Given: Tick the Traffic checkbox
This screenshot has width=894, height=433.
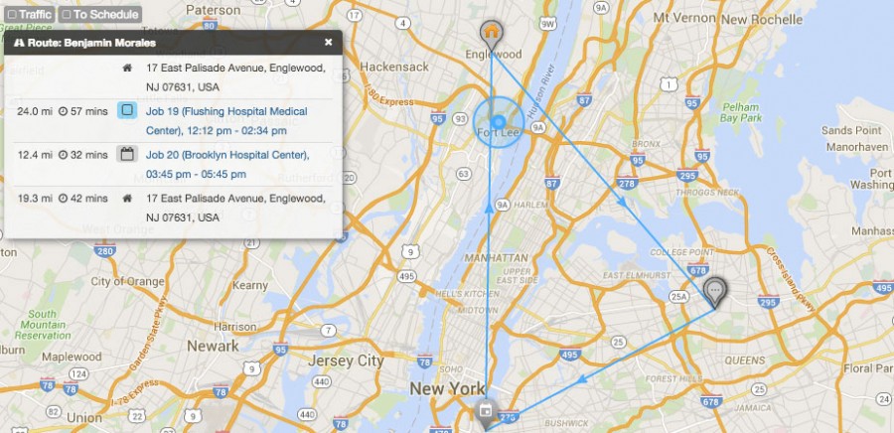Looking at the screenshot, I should (12, 15).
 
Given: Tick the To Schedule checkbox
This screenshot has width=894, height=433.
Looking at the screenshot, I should (67, 15).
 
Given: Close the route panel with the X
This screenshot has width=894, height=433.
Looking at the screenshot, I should (329, 43).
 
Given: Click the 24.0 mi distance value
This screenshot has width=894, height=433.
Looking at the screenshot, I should (34, 110).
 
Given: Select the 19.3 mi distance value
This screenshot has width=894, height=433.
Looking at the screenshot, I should (34, 198).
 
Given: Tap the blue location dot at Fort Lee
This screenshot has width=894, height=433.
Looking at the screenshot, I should (498, 122).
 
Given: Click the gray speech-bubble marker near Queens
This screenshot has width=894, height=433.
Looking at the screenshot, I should (715, 290).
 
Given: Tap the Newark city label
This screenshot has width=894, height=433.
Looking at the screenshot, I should (214, 346).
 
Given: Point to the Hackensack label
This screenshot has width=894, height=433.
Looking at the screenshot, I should (395, 67).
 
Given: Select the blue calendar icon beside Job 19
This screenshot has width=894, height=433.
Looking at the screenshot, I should (126, 110).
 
